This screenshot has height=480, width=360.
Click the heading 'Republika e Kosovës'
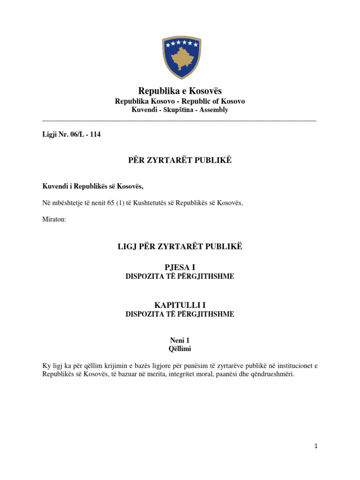click(180, 91)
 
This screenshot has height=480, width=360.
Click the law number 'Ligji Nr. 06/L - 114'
click(71, 135)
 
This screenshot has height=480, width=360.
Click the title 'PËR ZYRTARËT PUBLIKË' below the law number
click(180, 161)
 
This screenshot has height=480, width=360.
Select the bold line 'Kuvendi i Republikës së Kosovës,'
click(93, 187)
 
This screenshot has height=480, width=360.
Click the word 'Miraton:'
click(54, 219)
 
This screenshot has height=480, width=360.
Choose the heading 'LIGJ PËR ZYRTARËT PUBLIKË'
click(180, 246)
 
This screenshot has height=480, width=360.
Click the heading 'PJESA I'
click(180, 267)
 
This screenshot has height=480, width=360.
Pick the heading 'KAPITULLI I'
click(180, 305)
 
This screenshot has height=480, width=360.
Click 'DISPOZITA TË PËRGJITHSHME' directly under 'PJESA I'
click(180, 277)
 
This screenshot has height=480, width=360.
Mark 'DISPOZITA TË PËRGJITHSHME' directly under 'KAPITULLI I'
click(180, 315)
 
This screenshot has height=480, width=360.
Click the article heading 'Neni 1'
click(180, 340)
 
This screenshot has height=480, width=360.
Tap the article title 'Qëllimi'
click(180, 349)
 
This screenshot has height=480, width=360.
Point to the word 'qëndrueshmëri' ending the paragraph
click(273, 375)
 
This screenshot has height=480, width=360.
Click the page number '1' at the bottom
click(316, 447)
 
